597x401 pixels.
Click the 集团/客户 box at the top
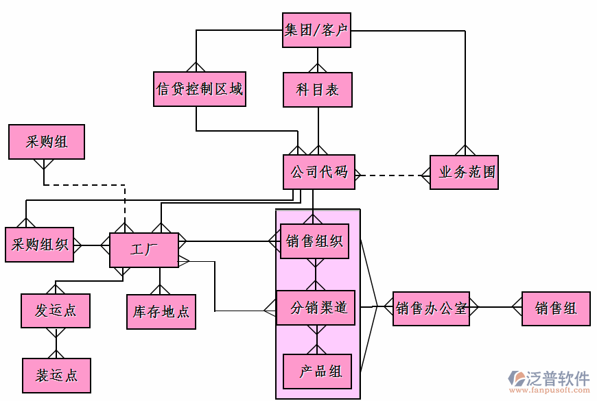(316, 31)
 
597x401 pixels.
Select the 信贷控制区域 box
(200, 89)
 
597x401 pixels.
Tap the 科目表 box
(318, 90)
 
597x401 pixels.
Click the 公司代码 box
(319, 172)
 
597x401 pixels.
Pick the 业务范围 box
(464, 173)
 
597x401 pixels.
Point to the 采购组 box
(47, 142)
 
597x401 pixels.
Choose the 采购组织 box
(39, 245)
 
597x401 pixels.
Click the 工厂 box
(144, 250)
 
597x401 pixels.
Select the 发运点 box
(56, 311)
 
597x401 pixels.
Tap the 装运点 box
(56, 375)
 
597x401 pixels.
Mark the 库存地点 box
(161, 312)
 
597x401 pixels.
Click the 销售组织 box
(315, 241)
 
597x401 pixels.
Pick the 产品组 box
(318, 372)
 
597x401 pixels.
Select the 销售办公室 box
(431, 308)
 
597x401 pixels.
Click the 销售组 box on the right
(556, 308)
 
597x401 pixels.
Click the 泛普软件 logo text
(557, 378)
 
